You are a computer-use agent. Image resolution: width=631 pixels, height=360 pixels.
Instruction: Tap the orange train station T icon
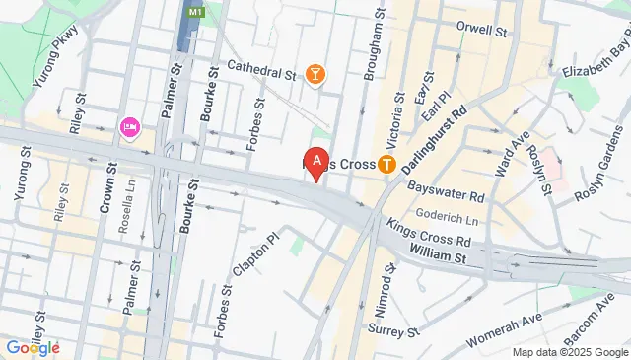[388, 164]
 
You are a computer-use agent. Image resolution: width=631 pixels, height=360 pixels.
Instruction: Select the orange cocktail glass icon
[315, 75]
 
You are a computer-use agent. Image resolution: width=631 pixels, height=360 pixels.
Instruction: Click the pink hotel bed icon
[128, 127]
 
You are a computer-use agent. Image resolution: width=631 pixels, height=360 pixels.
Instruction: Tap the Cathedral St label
[261, 71]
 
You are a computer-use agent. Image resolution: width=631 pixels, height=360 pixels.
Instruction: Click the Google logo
[32, 347]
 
